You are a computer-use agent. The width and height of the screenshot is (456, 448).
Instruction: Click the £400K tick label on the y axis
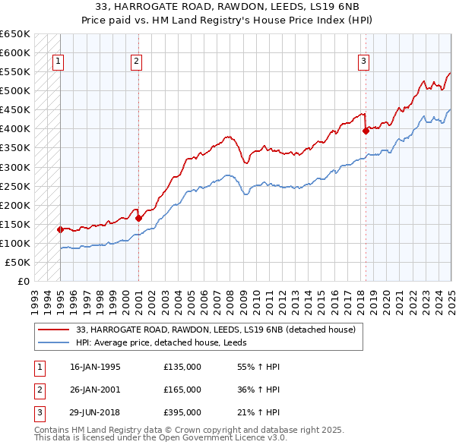(15, 129)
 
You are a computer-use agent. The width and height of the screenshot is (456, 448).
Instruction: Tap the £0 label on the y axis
(23, 282)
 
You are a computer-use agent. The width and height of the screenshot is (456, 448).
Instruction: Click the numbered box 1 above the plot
(59, 62)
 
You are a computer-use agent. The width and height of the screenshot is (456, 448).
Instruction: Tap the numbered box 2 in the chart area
(136, 62)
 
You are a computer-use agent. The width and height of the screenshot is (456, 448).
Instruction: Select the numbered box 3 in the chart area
(363, 62)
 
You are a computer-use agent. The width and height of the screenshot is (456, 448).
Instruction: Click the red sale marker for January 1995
(60, 229)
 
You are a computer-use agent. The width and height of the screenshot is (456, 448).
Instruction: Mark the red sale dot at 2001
(138, 218)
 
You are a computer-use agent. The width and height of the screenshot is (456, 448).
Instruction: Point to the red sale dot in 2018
(366, 131)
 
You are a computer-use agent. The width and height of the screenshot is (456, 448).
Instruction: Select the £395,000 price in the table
(182, 412)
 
